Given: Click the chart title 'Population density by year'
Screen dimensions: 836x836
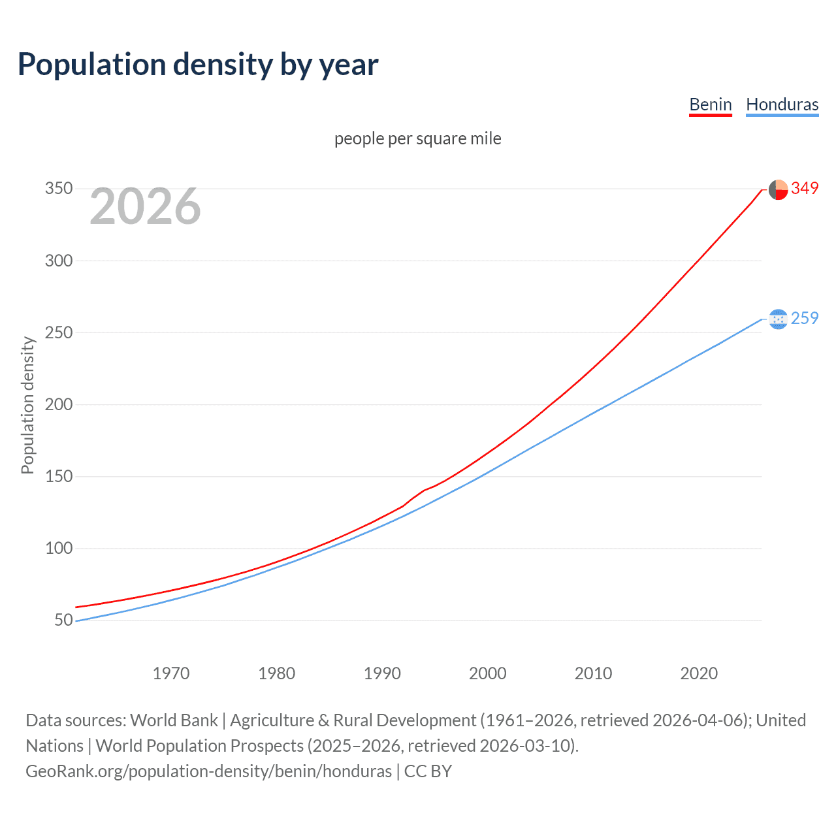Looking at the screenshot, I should (198, 65).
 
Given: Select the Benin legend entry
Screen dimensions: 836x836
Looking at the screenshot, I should (711, 104).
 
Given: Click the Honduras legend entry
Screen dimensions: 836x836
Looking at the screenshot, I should (782, 104).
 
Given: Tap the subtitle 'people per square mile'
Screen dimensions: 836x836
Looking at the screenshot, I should (417, 138).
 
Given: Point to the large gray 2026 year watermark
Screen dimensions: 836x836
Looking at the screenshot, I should (145, 206).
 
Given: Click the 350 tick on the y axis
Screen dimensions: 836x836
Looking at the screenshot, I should (59, 189).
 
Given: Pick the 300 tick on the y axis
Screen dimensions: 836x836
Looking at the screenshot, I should (59, 261).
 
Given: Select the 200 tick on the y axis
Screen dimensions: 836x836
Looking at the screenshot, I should (59, 404).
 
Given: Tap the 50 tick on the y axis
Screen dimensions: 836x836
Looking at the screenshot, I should (63, 620).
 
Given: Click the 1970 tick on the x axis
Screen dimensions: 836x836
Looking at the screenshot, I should (171, 673).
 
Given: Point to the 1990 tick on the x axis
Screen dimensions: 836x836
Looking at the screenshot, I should (382, 673).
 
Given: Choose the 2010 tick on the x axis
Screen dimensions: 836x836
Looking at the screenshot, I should (593, 673).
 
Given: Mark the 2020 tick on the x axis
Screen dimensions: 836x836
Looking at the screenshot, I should (699, 673).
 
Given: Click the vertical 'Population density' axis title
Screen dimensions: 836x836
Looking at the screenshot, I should (27, 405).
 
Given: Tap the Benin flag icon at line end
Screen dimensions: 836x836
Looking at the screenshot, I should (778, 189).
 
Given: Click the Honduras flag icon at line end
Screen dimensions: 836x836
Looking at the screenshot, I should (778, 319).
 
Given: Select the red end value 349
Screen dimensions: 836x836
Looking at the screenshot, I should (805, 188).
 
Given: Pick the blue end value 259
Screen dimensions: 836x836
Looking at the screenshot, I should (805, 318).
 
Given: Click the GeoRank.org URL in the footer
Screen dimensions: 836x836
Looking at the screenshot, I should (208, 771).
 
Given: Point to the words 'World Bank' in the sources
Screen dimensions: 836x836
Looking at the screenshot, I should (174, 720).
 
